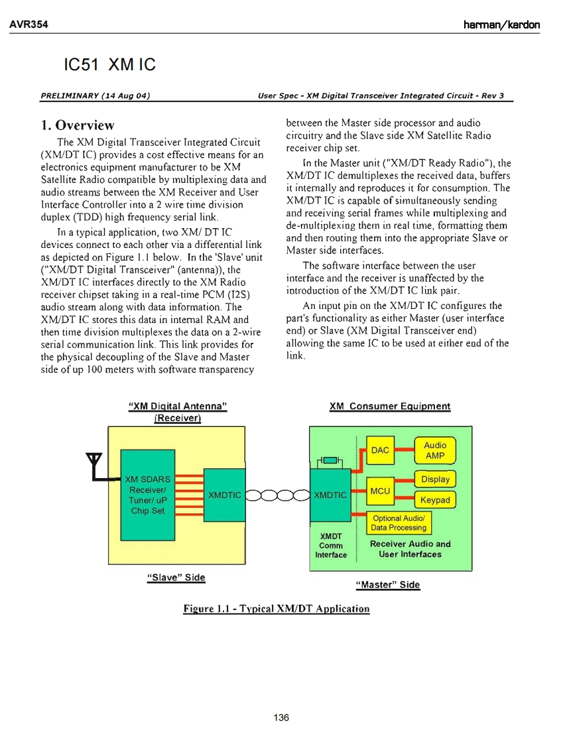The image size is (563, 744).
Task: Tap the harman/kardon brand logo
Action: [x=501, y=25]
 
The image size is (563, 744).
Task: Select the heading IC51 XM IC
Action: [x=109, y=65]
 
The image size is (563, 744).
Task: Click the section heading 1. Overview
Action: [x=78, y=125]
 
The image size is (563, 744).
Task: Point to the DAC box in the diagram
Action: [x=380, y=450]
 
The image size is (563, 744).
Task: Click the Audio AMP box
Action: [x=435, y=451]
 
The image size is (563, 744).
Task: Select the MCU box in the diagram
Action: [x=380, y=491]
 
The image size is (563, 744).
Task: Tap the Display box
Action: [x=435, y=479]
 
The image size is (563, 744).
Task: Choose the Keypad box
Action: [x=435, y=500]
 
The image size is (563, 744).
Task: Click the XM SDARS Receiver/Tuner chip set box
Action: [x=147, y=495]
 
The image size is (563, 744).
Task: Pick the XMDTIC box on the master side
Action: [x=330, y=495]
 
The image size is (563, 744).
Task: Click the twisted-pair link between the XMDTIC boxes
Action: [x=277, y=495]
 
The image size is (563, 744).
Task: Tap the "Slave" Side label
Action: [x=176, y=577]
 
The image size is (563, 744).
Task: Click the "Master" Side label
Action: [x=388, y=585]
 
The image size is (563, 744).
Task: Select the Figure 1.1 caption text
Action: [x=277, y=609]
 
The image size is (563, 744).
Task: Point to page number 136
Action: [x=281, y=717]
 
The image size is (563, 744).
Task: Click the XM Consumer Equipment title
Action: [x=389, y=406]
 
